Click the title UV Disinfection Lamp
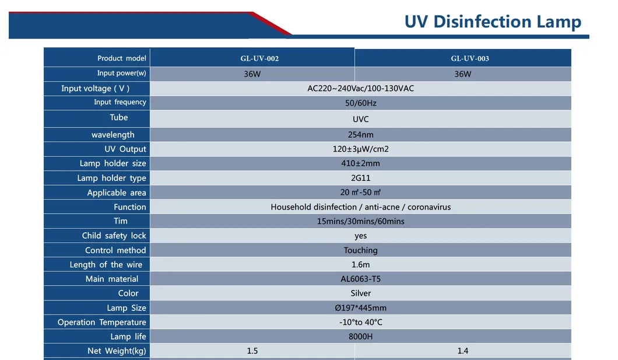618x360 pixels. coord(493,22)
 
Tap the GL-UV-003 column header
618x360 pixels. coord(469,58)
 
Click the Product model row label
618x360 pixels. coord(121,58)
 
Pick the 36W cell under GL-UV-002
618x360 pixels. coord(252,74)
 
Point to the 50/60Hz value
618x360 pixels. coord(361,103)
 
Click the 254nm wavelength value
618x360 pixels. coord(360,134)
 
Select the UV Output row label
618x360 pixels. coord(125,149)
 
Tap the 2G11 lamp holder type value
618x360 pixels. coord(360,177)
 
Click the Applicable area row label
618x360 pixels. coord(117,193)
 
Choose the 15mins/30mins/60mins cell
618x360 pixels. coord(360,221)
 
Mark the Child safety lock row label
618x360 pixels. coord(114,236)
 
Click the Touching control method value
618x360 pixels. coord(360,250)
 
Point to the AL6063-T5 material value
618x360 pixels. coord(360,279)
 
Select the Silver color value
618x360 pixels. coord(360,293)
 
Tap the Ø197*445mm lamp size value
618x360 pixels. coord(360,307)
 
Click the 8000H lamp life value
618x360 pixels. coord(360,336)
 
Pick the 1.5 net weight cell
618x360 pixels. coord(252,351)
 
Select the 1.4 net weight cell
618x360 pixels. coord(463,351)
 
